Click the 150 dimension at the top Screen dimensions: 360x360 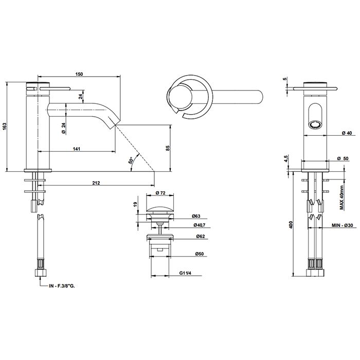point(79,74)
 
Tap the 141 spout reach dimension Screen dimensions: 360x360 point(77,149)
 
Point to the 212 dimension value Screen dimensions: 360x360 point(96,183)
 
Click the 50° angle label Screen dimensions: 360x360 point(131,160)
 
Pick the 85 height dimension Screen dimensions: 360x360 point(168,148)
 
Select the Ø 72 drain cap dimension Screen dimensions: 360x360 point(160,193)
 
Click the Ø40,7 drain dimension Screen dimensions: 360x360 point(199,225)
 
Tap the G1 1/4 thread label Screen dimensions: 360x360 point(185,273)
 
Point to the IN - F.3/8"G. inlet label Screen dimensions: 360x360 point(62,286)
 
